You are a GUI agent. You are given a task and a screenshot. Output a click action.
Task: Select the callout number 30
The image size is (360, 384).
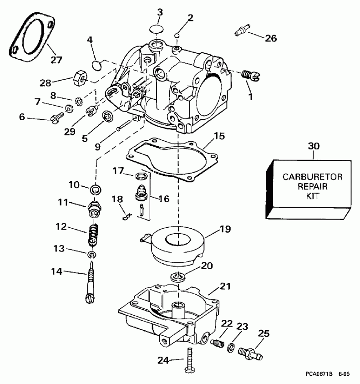coord(314,147)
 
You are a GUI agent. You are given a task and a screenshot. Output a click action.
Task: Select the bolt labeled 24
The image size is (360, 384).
coord(188,359)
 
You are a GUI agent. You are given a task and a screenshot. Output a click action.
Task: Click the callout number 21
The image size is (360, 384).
coord(225,287)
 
